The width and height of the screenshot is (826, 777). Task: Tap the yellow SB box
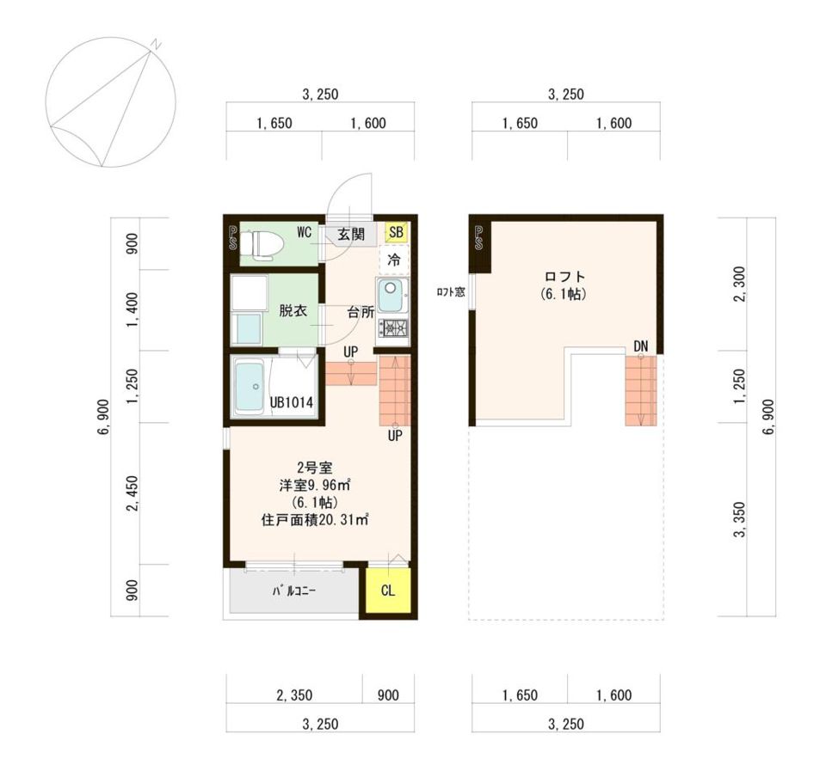[396, 232]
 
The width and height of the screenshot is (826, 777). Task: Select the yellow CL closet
[388, 590]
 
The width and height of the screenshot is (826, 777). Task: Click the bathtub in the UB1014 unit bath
[250, 387]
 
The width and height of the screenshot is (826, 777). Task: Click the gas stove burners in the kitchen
[392, 328]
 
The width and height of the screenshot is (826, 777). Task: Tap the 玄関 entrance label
[351, 234]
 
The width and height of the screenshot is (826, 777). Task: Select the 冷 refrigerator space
[394, 260]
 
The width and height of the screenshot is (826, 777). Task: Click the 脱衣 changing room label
[293, 310]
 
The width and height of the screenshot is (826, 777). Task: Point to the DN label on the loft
[640, 346]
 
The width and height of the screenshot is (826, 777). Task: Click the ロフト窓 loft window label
[451, 292]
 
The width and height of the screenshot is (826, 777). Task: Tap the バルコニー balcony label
[294, 590]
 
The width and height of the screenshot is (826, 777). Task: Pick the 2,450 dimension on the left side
[133, 493]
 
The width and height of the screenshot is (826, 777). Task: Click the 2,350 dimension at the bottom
[294, 695]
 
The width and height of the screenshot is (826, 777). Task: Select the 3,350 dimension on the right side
[740, 520]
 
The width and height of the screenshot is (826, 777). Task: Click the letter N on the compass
[156, 44]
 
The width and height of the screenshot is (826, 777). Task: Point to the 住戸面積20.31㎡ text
[315, 520]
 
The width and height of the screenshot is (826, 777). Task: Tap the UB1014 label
[292, 402]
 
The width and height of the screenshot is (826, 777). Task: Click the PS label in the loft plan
[479, 238]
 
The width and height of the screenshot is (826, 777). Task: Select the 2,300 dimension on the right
[740, 284]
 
